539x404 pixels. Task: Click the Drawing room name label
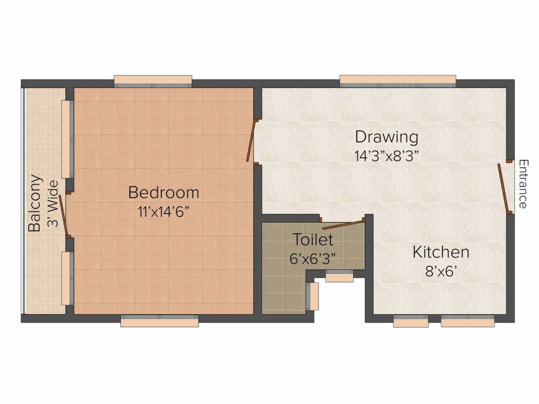click(x=387, y=137)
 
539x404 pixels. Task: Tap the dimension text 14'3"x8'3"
click(x=387, y=156)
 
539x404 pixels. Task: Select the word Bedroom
click(x=164, y=193)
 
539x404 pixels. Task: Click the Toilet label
click(x=313, y=240)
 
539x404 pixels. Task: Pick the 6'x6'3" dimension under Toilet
click(x=313, y=259)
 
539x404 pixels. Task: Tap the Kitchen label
click(x=441, y=252)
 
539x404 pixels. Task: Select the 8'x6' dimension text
click(x=441, y=271)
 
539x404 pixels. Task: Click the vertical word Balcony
click(x=35, y=203)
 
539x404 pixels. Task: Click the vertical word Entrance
click(x=523, y=184)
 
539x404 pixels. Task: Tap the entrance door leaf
click(x=504, y=188)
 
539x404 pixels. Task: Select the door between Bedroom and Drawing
click(x=252, y=140)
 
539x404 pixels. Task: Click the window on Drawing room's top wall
click(x=397, y=80)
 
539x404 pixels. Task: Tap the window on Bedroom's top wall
click(x=153, y=81)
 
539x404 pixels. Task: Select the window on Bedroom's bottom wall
click(x=159, y=321)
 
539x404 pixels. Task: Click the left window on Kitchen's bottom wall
click(x=411, y=321)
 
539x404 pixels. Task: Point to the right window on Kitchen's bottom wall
click(x=467, y=321)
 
